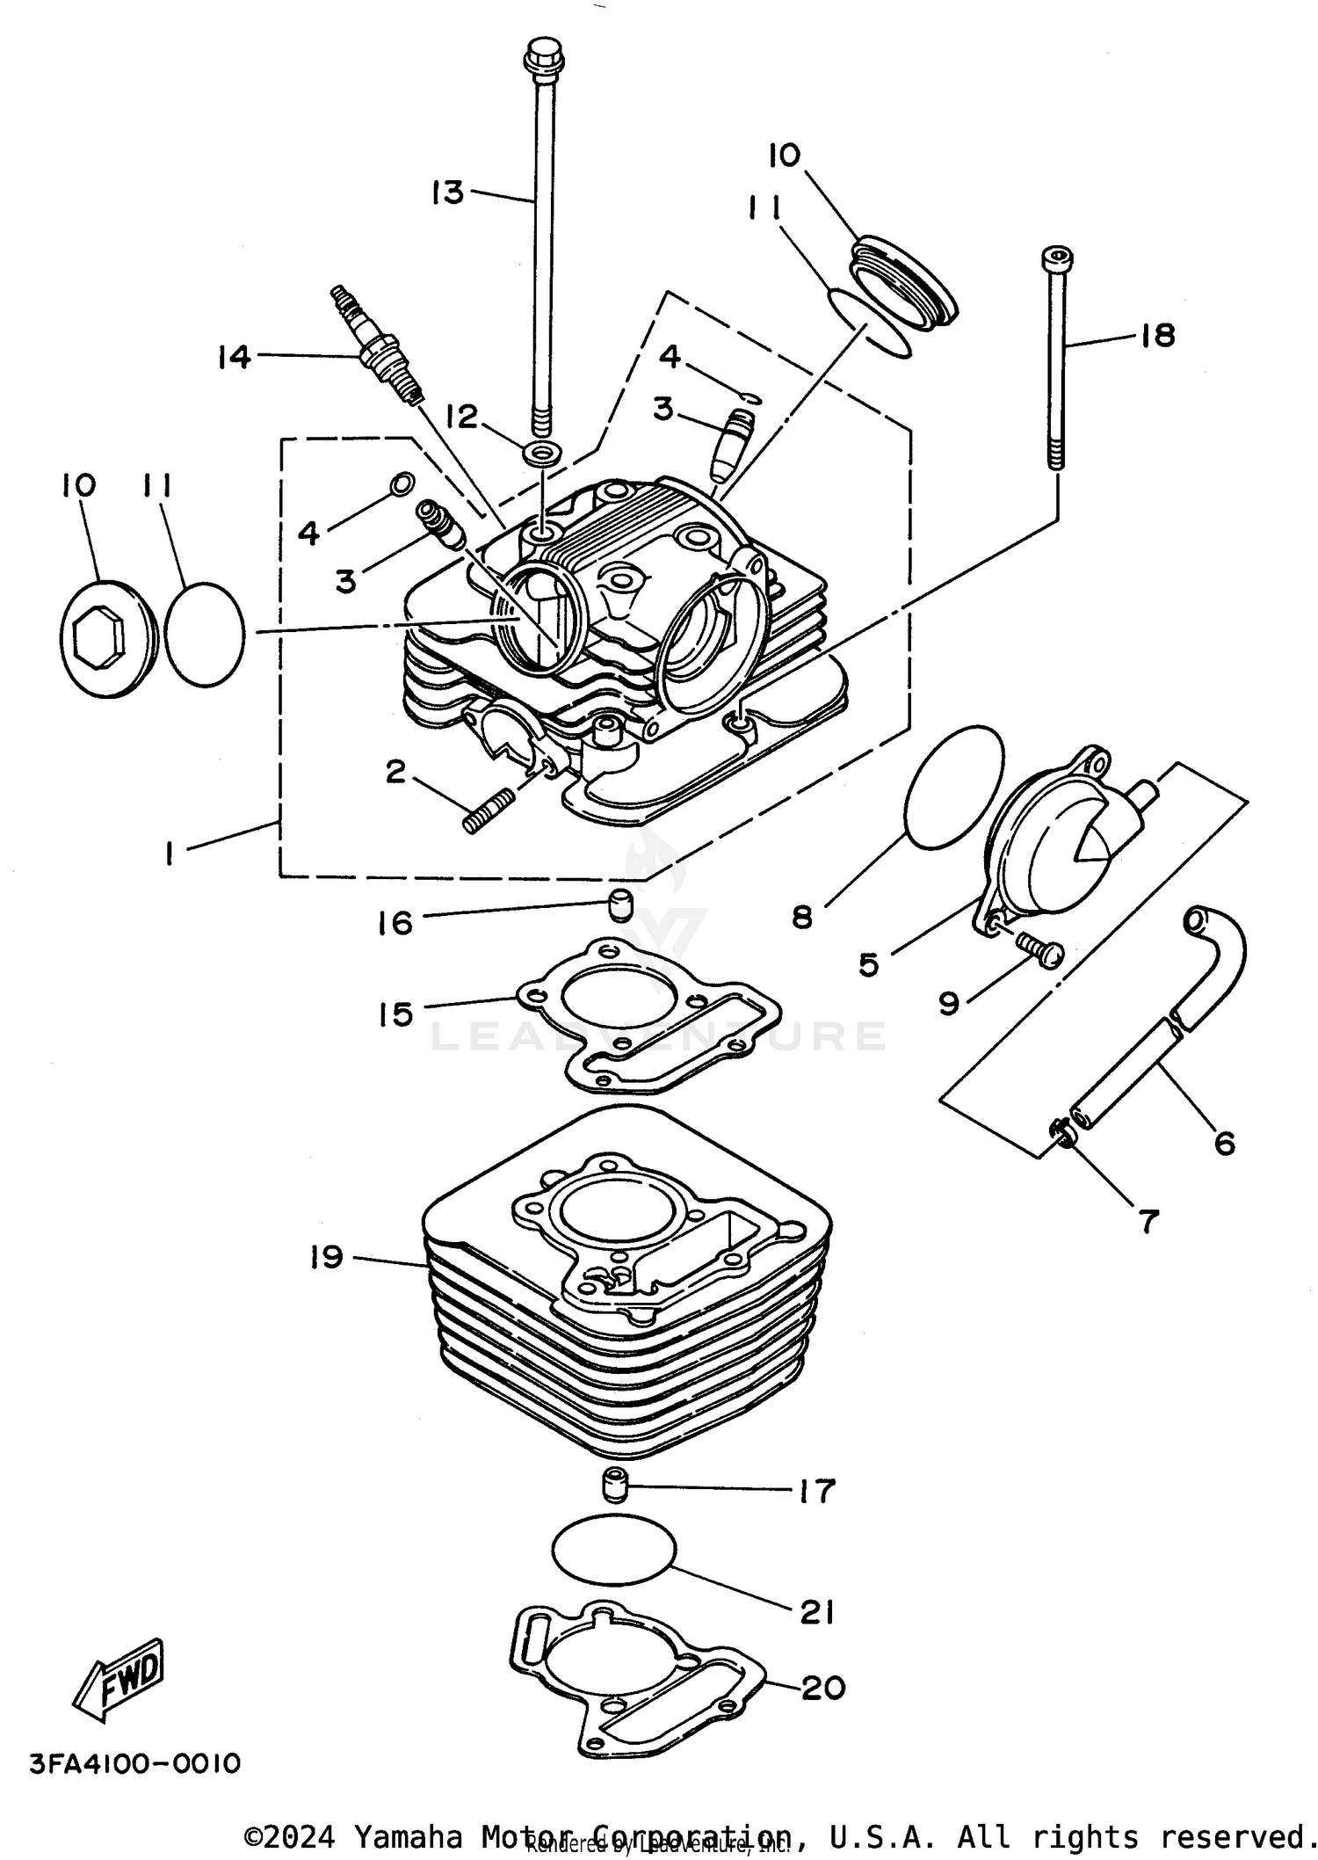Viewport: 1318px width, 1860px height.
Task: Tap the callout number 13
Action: pos(448,192)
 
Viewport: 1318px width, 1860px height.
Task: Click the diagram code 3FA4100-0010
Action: pos(134,1763)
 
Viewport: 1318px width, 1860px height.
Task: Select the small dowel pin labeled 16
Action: pos(621,904)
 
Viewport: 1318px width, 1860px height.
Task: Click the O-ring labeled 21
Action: pos(613,1555)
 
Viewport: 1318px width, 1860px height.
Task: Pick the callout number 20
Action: pos(823,1687)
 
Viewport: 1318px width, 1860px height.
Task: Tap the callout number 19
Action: pos(326,1256)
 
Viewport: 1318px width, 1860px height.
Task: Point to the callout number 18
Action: pos(1158,335)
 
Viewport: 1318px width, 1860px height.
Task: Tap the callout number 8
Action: pos(802,917)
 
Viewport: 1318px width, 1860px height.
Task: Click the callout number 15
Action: pos(396,1014)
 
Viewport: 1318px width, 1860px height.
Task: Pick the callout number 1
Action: pos(169,852)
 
